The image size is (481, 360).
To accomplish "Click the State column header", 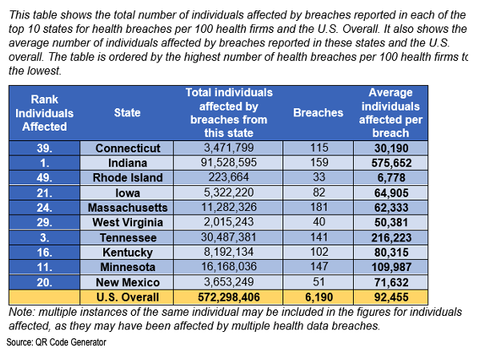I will point(128,113).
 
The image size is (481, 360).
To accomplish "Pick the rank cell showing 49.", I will point(44,177).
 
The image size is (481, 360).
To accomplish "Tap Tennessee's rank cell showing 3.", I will point(44,237).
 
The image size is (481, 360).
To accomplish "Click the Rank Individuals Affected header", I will point(44,113).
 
